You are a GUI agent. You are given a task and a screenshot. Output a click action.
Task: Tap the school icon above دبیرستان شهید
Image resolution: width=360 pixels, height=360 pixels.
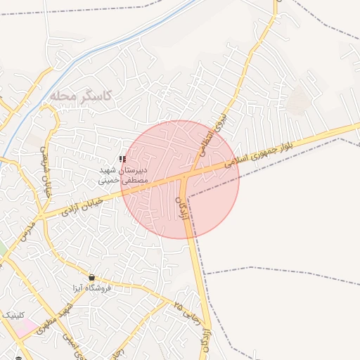coord(123,160)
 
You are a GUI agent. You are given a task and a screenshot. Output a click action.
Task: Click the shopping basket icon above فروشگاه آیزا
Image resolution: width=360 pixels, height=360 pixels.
coord(91,278)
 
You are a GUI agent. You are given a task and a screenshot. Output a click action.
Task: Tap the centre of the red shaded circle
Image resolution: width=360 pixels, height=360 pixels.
coord(180,179)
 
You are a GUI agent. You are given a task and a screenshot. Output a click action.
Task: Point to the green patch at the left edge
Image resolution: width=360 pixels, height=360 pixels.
coord(2,248)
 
